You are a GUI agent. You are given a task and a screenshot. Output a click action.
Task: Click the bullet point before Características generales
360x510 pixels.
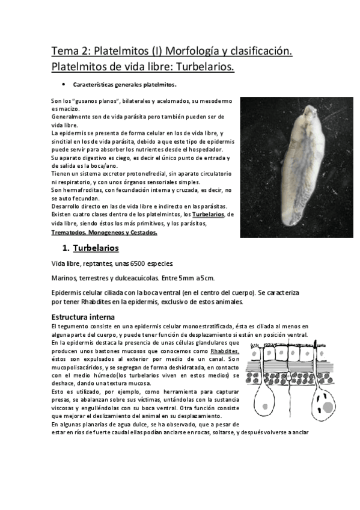click(x=63, y=84)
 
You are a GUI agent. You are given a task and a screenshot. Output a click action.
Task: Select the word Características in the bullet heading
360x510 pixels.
click(x=94, y=84)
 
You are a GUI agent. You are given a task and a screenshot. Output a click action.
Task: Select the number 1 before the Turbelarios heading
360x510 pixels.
click(x=66, y=248)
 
